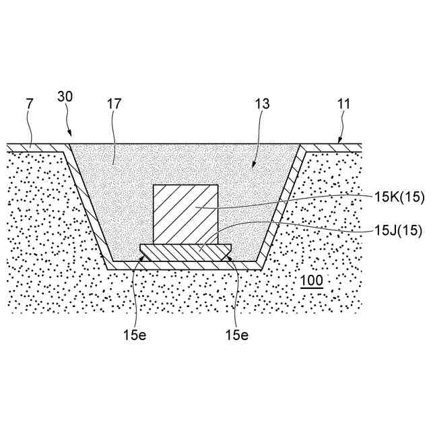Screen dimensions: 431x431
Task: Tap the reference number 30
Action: (x=65, y=96)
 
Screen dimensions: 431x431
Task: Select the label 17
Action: (x=113, y=104)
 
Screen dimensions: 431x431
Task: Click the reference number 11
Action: (x=343, y=104)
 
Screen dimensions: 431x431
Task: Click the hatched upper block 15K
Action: (x=185, y=214)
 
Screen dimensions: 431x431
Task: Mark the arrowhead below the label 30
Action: (x=73, y=135)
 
